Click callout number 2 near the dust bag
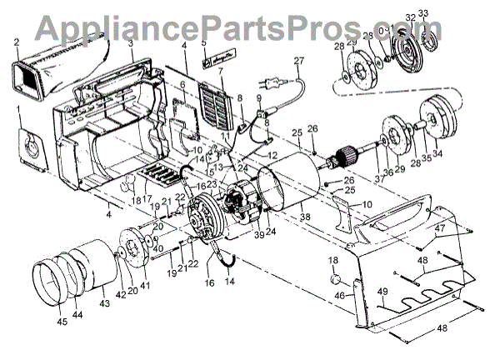[16, 41]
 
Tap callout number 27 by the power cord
[299, 61]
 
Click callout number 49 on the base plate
[382, 291]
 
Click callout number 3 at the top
[130, 41]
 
